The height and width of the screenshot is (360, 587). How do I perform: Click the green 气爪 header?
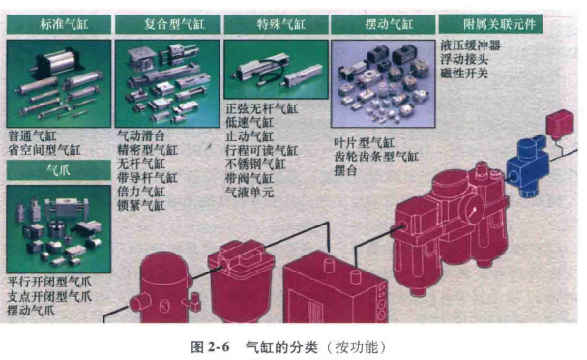pos(57,170)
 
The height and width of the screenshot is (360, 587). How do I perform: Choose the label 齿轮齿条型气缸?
pos(375,157)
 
